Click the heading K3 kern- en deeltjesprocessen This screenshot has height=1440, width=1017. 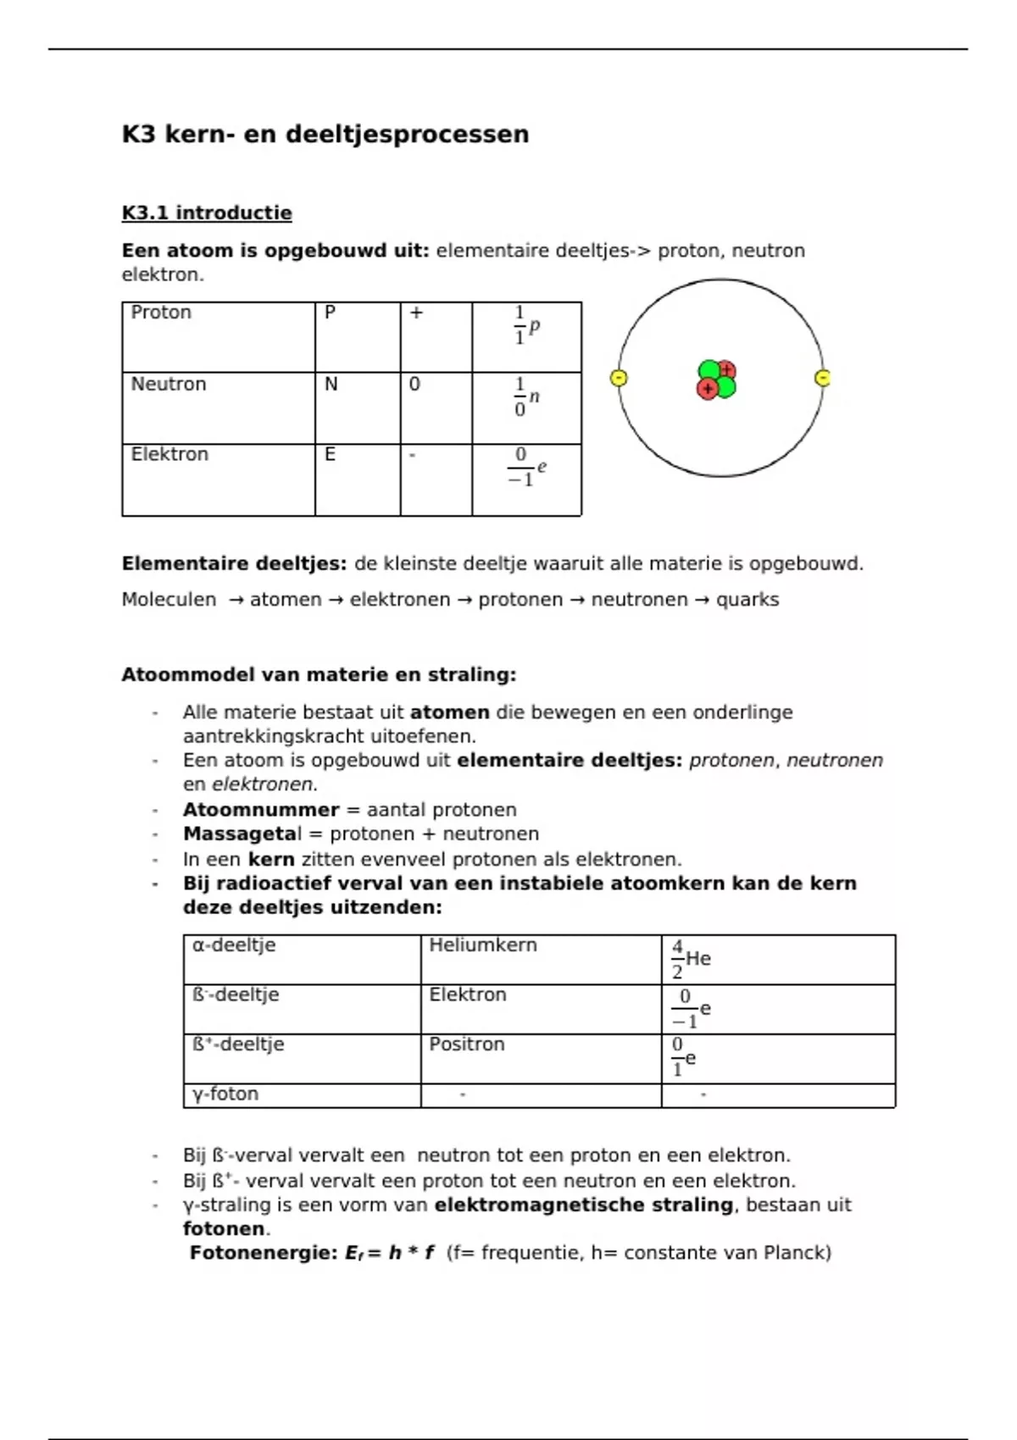pos(325,134)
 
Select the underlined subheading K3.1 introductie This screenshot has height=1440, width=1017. pos(207,213)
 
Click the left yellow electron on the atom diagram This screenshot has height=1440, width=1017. pos(620,378)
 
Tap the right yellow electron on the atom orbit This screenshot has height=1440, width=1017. pos(822,378)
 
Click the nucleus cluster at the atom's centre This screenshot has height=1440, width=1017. pos(717,379)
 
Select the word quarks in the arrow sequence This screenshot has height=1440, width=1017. pos(747,600)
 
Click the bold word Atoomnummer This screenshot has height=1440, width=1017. pos(261,810)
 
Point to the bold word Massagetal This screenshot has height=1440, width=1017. pos(242,834)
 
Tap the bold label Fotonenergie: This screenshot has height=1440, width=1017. pos(264,1253)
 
